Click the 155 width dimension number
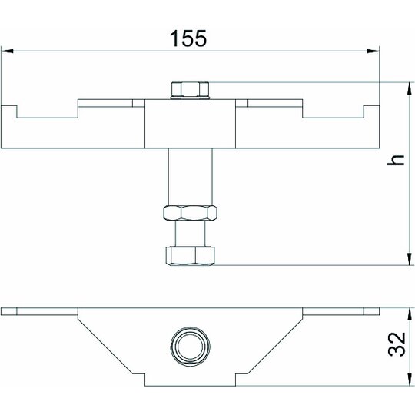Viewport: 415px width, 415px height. pos(188,38)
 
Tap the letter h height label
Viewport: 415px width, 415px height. pos(396,160)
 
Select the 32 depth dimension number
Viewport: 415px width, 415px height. pos(397,344)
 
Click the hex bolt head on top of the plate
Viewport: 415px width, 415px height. pos(190,90)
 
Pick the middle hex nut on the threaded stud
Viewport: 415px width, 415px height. pos(190,213)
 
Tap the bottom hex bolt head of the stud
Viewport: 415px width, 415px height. pos(190,256)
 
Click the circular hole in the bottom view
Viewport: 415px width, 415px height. pos(191,346)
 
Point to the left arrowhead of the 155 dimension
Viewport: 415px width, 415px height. pos(7,51)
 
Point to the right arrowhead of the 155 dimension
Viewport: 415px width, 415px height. pos(373,51)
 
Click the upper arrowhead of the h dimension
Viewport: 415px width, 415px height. pos(409,88)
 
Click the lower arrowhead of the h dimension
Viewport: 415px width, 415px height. pos(409,259)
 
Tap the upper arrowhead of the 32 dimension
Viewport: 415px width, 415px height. pos(410,314)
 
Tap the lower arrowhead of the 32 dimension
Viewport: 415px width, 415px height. pos(410,380)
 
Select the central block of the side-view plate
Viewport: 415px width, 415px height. pos(190,124)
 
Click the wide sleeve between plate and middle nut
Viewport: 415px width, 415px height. pos(190,177)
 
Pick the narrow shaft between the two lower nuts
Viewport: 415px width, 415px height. pos(190,234)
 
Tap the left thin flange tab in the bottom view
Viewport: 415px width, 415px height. pos(39,311)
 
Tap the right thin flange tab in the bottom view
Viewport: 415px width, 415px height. pos(341,311)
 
